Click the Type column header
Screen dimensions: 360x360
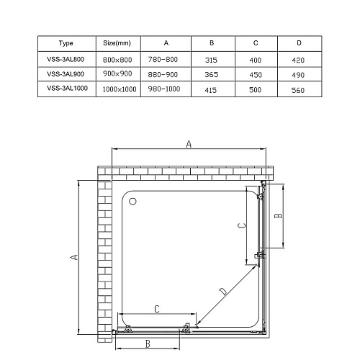tap(66, 43)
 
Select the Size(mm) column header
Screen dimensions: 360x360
tap(117, 43)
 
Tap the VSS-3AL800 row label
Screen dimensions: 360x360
tap(66, 59)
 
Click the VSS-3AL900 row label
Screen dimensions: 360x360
tap(66, 74)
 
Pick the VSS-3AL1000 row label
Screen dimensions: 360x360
tap(67, 89)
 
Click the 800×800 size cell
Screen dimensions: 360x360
tap(117, 60)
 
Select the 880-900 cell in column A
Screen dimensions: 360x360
tap(163, 75)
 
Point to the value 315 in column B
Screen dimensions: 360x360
tap(211, 60)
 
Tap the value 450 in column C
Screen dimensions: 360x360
tap(256, 75)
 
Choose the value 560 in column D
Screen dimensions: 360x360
tap(298, 90)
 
